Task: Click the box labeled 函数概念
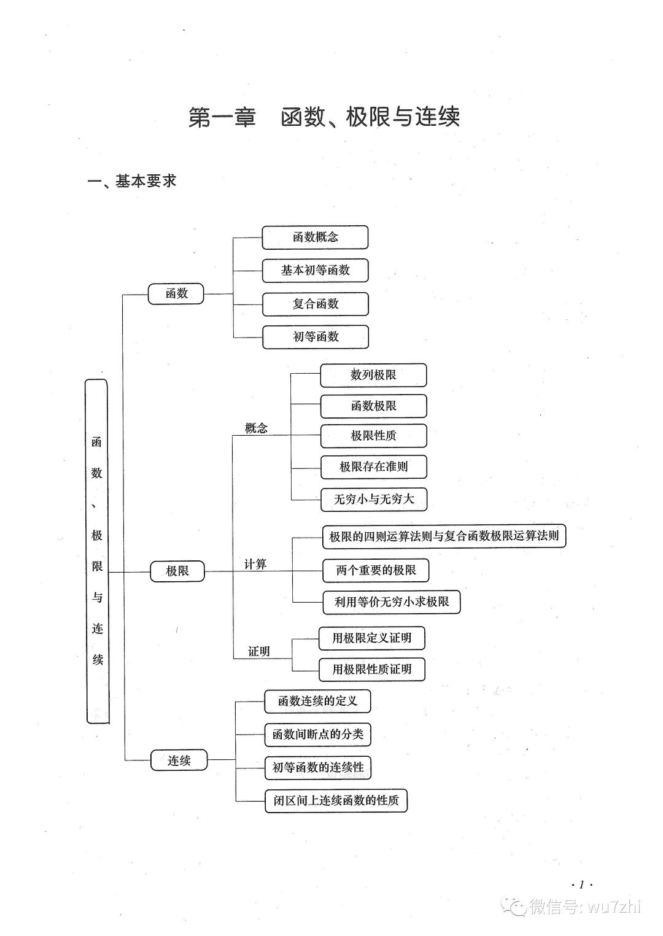pos(315,238)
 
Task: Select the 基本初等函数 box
pos(315,271)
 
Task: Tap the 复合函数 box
pos(316,304)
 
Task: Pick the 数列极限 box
pos(373,375)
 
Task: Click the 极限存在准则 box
pos(373,466)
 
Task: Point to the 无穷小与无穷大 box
pos(373,500)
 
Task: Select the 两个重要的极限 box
pos(376,570)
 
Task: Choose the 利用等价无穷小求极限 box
pos(392,602)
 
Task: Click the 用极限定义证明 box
pos(371,638)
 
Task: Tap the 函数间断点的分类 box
pos(317,734)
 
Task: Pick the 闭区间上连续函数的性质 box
pos(336,800)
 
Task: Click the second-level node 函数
pos(176,293)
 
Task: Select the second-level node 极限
pos(177,571)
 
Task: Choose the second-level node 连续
pos(179,761)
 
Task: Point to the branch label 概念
pos(256,428)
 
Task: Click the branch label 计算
pos(255,564)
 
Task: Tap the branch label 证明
pos(258,652)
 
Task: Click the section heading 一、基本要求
pos(132,181)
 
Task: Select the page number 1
pos(581,884)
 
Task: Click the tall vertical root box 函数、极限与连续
pos(97,551)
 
